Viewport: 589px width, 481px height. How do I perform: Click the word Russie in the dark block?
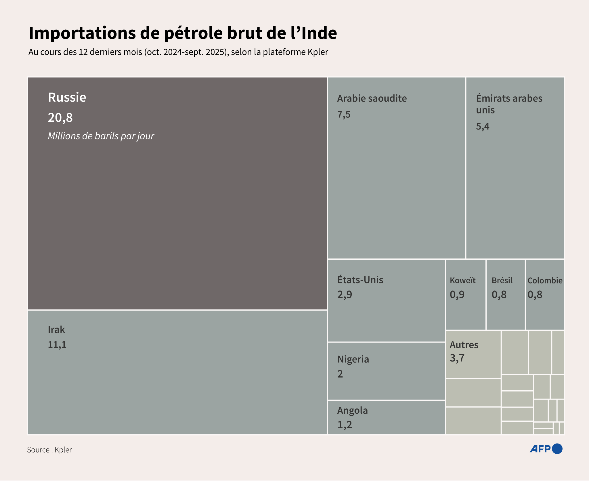67,97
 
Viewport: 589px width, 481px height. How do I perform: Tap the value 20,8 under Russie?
60,117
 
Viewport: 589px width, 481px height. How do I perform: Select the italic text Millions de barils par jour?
101,136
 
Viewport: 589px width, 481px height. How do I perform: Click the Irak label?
56,330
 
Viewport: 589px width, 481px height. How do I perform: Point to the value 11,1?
57,345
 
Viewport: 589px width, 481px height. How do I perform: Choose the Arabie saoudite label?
372,98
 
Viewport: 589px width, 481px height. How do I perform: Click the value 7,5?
344,115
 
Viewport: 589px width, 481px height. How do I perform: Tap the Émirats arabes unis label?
509,104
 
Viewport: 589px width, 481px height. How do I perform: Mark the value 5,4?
482,126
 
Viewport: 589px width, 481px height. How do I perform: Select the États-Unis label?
360,280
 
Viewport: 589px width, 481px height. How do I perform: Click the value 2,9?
344,294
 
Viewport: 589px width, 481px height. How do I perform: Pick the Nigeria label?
353,359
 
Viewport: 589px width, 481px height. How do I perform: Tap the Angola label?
352,410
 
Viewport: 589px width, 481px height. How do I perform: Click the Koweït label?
462,280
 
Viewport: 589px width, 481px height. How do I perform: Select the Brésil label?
502,280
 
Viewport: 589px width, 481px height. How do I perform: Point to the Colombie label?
545,280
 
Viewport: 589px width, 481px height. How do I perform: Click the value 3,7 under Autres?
457,358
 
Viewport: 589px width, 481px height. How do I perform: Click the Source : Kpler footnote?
49,450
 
